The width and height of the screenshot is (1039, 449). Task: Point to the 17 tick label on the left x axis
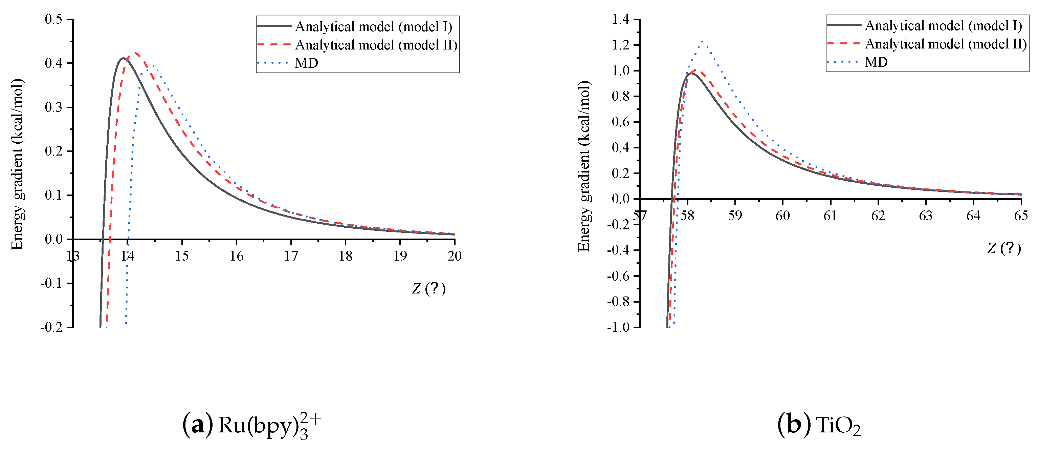291,256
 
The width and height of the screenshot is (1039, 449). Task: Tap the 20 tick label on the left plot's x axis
454,256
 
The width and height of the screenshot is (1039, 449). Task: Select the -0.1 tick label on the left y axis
51,283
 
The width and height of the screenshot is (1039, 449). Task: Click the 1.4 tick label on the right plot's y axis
620,19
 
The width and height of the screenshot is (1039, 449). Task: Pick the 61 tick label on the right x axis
830,216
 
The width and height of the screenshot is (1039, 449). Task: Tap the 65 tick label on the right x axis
1020,216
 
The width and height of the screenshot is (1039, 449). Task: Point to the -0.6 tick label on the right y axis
618,276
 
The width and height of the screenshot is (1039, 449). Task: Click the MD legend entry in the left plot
306,63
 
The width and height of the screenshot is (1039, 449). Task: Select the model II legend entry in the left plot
376,45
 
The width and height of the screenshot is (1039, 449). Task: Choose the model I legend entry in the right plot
943,26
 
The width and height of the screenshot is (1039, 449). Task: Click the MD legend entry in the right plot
876,62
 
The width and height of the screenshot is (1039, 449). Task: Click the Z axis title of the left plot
428,288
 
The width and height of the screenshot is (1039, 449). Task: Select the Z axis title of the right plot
1003,248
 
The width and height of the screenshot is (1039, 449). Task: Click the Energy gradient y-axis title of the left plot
17,164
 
